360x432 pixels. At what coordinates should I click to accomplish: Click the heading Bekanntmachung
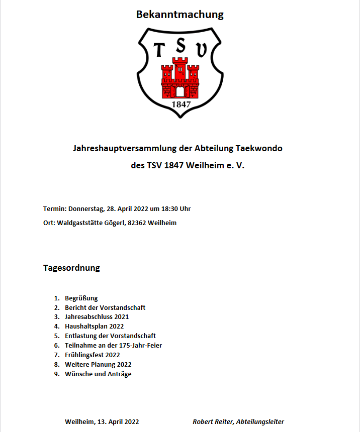pyautogui.click(x=179, y=15)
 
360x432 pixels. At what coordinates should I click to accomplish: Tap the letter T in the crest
pyautogui.click(x=158, y=50)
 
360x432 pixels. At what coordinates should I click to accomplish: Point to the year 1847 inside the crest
pyautogui.click(x=181, y=104)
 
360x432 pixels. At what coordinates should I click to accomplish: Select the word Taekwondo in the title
pyautogui.click(x=259, y=149)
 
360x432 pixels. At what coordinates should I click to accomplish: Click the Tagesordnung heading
pyautogui.click(x=71, y=268)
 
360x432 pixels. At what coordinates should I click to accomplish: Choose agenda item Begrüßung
pyautogui.click(x=81, y=298)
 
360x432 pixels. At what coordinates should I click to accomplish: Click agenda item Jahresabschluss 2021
pyautogui.click(x=97, y=317)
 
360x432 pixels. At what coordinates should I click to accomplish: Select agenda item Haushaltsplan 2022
pyautogui.click(x=94, y=327)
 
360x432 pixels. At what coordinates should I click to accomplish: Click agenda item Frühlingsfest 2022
pyautogui.click(x=92, y=355)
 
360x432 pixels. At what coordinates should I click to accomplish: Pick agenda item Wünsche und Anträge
pyautogui.click(x=98, y=374)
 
